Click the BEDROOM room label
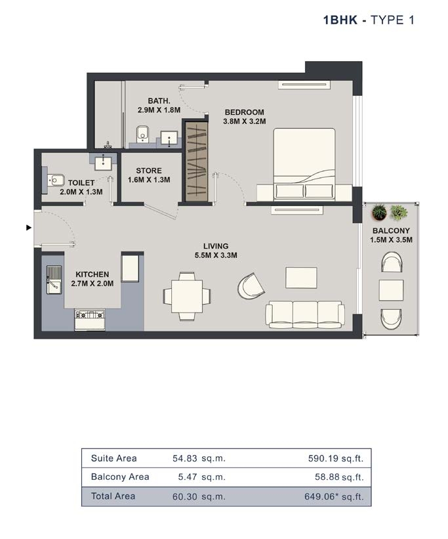[x=244, y=112]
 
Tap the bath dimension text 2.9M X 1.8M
[x=159, y=110]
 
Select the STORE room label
[x=149, y=171]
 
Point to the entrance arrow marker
[x=29, y=228]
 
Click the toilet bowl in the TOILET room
[x=56, y=180]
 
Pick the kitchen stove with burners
[x=90, y=319]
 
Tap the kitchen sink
[x=54, y=280]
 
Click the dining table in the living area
[x=187, y=296]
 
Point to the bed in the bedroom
[x=304, y=164]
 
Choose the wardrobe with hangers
[x=197, y=162]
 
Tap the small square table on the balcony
[x=391, y=290]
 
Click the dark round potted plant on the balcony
[x=379, y=212]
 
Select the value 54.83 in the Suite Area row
[x=185, y=458]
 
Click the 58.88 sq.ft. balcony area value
[x=339, y=477]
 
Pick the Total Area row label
[x=113, y=496]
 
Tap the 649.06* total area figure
[x=319, y=496]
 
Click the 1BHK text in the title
[x=340, y=20]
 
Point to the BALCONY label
[x=391, y=230]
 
